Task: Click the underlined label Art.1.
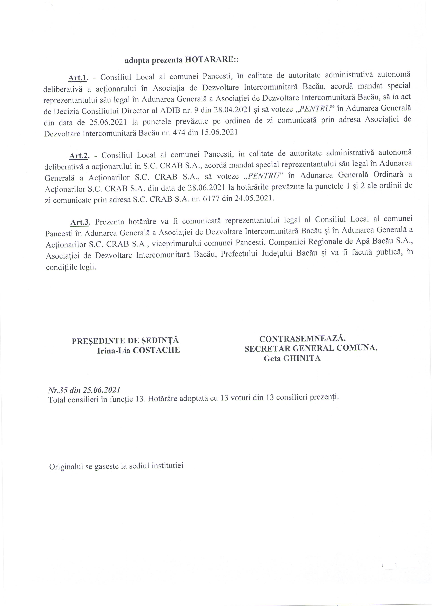click(78, 78)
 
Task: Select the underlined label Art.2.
click(79, 156)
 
